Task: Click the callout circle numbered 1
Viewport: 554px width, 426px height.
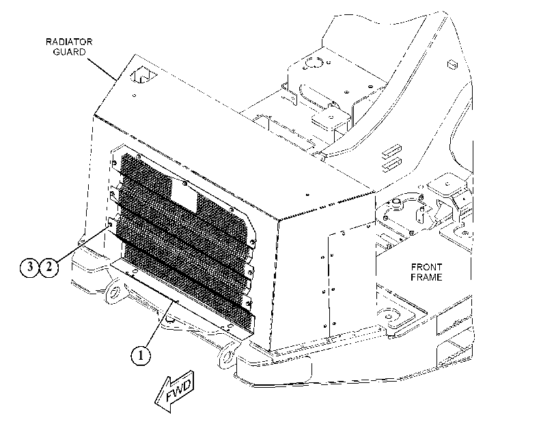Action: pyautogui.click(x=141, y=356)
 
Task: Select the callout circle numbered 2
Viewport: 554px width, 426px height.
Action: pyautogui.click(x=49, y=267)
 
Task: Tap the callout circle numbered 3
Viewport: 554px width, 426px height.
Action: pyautogui.click(x=29, y=267)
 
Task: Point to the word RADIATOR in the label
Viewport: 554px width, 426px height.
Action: pyautogui.click(x=69, y=42)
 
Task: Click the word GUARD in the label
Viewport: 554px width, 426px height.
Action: pyautogui.click(x=69, y=52)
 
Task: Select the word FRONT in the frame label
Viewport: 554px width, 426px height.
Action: pyautogui.click(x=426, y=267)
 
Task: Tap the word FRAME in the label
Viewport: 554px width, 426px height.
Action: pyautogui.click(x=426, y=277)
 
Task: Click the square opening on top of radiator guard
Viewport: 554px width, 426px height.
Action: pyautogui.click(x=143, y=75)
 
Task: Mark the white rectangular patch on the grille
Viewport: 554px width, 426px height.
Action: pyautogui.click(x=184, y=197)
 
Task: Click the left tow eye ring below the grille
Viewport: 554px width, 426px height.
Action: pyautogui.click(x=114, y=292)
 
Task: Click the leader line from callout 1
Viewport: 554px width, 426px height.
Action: pyautogui.click(x=159, y=324)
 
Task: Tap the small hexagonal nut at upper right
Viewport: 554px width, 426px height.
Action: pyautogui.click(x=453, y=64)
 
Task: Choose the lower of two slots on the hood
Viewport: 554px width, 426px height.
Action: pyautogui.click(x=391, y=163)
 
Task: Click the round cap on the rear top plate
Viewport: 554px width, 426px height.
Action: pyautogui.click(x=312, y=63)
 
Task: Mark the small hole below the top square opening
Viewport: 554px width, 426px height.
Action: pyautogui.click(x=135, y=95)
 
